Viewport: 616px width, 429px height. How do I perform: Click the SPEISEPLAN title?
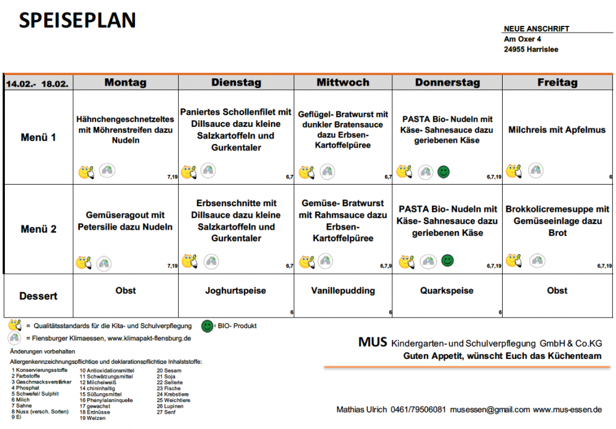[78, 20]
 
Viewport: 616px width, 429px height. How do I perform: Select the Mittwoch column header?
[343, 82]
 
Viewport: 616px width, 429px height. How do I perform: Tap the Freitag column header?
[557, 82]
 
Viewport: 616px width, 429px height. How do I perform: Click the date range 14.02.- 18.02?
[38, 84]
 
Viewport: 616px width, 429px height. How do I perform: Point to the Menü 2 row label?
[38, 229]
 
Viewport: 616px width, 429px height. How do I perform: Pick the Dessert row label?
[38, 296]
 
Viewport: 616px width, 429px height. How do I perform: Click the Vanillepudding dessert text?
[343, 291]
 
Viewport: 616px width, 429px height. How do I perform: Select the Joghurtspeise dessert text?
[236, 291]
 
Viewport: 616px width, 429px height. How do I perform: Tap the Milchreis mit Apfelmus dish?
[557, 130]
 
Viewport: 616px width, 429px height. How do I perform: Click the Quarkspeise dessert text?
[447, 291]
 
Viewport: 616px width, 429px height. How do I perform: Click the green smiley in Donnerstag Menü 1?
[444, 172]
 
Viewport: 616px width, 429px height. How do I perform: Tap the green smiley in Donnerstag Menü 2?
[447, 260]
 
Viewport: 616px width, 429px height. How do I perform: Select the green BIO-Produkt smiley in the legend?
[207, 326]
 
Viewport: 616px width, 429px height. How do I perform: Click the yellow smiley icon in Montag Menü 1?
[86, 172]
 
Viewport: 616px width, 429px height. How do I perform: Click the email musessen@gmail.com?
[490, 410]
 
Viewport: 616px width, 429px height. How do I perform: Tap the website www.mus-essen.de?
[567, 410]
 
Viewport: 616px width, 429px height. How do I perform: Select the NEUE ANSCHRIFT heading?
[537, 29]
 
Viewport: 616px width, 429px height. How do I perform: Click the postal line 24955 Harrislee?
[531, 49]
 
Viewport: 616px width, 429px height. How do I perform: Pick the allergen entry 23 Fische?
[169, 388]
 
